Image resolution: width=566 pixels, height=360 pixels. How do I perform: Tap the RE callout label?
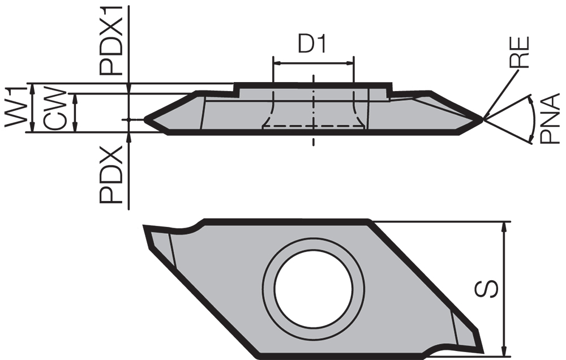520,52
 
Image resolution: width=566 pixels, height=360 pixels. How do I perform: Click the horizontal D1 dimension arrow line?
313,62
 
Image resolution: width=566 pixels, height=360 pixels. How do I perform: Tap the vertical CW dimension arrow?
75,113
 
